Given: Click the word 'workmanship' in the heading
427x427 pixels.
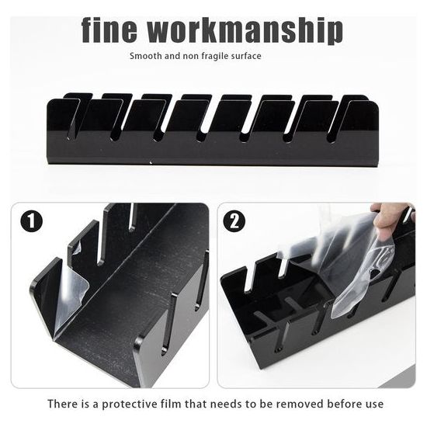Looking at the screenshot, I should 246,30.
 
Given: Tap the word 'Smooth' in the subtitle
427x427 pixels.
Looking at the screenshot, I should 146,56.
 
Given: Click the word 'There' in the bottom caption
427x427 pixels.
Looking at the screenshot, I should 63,404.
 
